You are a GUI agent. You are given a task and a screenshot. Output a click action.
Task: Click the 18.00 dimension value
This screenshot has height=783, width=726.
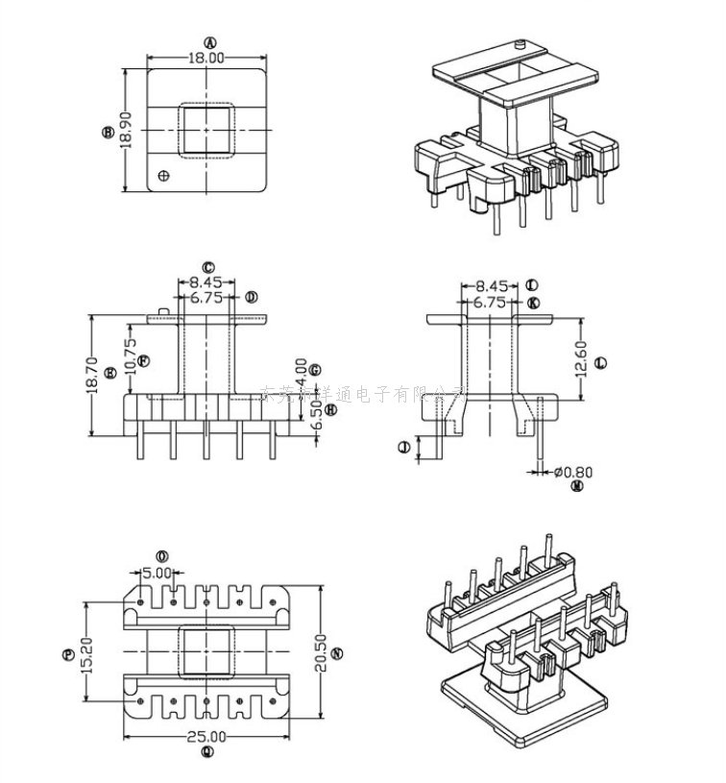(206, 59)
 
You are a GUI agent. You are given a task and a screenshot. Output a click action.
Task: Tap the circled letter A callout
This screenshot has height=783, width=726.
(210, 42)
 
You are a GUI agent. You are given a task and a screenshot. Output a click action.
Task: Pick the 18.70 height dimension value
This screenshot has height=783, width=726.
(92, 376)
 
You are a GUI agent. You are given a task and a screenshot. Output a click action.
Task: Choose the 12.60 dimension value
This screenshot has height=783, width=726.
(579, 359)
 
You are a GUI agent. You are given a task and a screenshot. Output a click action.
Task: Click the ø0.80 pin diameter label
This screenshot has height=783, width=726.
(573, 472)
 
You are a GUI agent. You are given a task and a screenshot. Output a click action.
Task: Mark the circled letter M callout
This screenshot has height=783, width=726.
(577, 487)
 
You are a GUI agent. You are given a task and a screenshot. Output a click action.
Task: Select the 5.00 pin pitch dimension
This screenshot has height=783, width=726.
(157, 573)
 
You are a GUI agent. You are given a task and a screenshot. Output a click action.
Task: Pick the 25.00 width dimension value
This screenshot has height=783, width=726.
(206, 737)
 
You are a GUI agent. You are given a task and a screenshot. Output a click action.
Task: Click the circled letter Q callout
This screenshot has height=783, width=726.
(207, 753)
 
